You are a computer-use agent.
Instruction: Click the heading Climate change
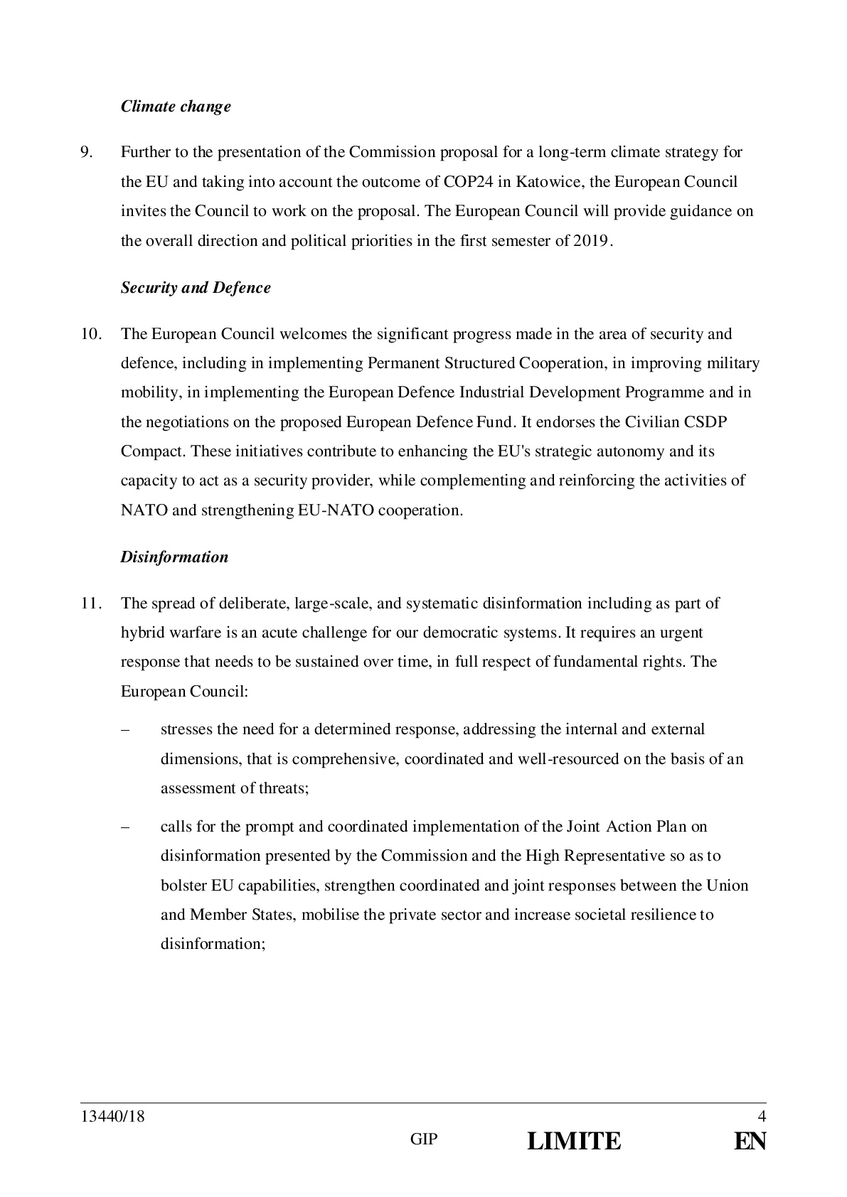pos(176,107)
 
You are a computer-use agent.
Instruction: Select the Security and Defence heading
pos(196,288)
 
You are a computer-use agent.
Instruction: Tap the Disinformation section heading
pos(174,557)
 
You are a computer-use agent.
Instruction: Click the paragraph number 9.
pos(86,152)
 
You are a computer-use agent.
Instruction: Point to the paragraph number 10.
pos(90,334)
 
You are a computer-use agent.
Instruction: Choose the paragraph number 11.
pos(90,603)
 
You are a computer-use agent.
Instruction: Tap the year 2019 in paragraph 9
pos(589,241)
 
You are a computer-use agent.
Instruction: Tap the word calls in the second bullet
pos(175,827)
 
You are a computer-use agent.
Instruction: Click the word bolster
pos(183,886)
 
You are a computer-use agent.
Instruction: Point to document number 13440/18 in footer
pos(112,1117)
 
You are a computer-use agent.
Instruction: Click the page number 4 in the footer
pos(762,1117)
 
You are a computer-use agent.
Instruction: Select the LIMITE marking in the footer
pos(574,1142)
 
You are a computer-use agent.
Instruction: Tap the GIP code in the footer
pos(424,1139)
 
